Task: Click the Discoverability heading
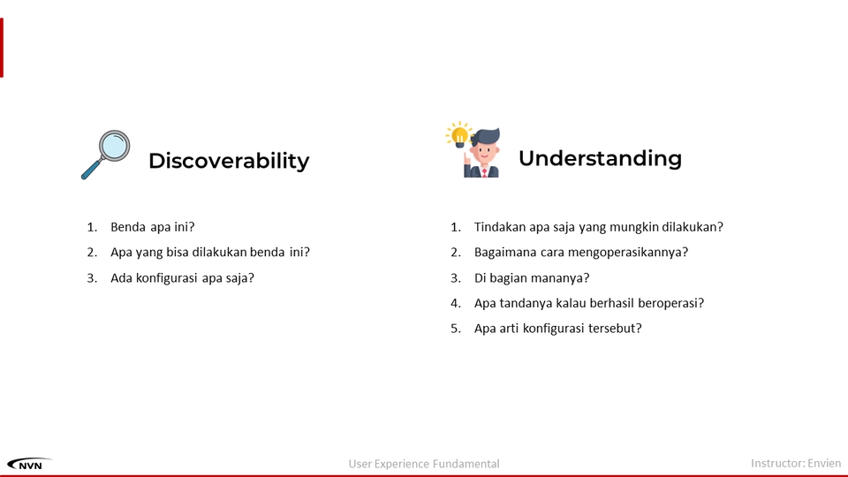pos(229,161)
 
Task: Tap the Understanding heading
pos(600,158)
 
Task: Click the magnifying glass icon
pos(106,154)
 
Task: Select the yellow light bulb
pos(459,135)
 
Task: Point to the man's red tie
pos(485,172)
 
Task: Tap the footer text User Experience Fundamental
pos(424,464)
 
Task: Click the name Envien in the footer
pos(824,463)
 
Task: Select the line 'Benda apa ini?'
pos(153,227)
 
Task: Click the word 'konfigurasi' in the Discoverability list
pos(167,277)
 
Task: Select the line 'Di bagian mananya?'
pos(532,277)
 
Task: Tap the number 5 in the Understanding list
pos(456,329)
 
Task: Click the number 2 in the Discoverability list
pos(91,252)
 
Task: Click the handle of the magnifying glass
pos(91,170)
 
